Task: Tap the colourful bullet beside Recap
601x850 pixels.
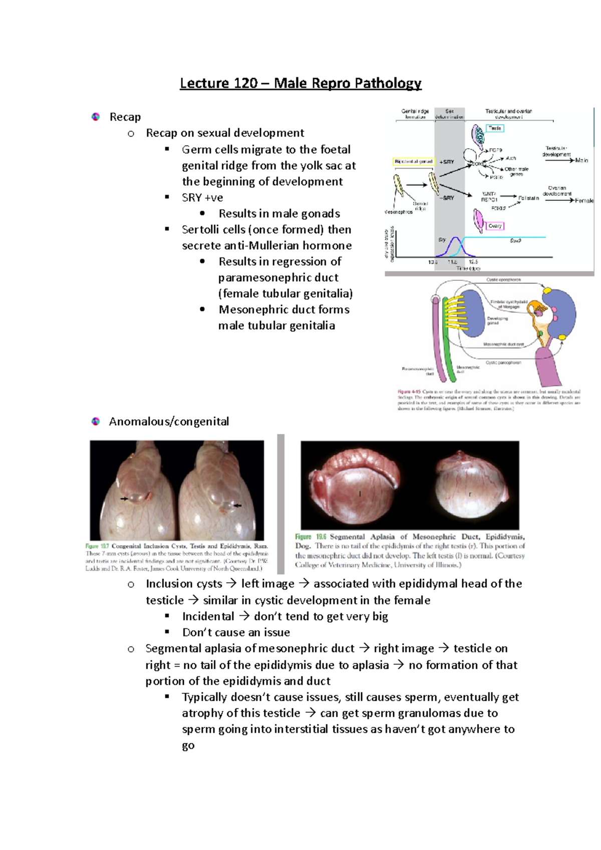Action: (x=96, y=117)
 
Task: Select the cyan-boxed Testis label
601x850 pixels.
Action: (x=494, y=128)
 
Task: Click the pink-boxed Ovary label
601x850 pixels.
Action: (x=494, y=226)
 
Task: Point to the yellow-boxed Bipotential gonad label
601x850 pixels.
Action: (x=414, y=162)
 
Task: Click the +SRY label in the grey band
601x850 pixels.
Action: (x=447, y=162)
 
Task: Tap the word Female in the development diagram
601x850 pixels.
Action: (x=583, y=201)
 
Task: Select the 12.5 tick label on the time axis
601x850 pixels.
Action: (x=473, y=262)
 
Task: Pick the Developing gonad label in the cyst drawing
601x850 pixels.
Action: (x=497, y=320)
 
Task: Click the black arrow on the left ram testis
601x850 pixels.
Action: (x=124, y=499)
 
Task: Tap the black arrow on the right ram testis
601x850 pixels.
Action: (x=237, y=506)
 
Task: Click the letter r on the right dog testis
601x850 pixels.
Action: (x=470, y=494)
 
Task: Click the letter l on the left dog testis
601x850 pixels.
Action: (x=360, y=494)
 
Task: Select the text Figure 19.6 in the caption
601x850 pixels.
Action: (x=311, y=537)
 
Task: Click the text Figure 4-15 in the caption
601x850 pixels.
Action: (x=409, y=391)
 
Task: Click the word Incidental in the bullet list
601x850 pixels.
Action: (x=208, y=616)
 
